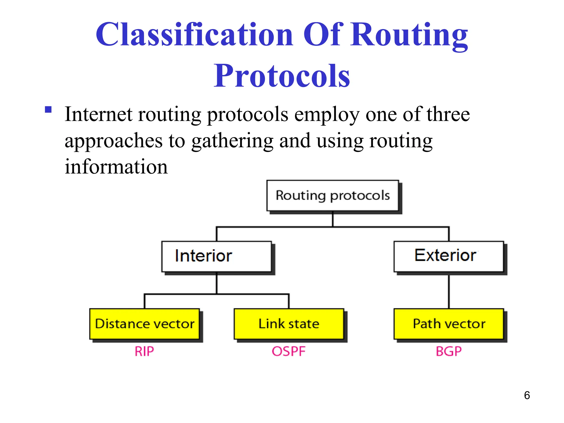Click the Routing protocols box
tap(333, 196)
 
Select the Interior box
tap(217, 256)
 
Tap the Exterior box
tap(449, 256)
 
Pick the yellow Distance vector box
tap(145, 324)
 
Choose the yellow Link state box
tap(289, 324)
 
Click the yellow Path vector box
tap(449, 324)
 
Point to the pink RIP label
tap(144, 351)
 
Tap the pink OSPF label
tap(289, 351)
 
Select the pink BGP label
tap(449, 351)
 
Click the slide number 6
tap(527, 395)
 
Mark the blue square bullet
tap(48, 110)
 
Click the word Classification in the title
tap(194, 35)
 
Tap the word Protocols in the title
tap(282, 76)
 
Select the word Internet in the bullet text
tap(98, 114)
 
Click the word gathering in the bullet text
tap(232, 141)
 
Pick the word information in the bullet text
tap(116, 167)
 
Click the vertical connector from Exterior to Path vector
tap(449, 291)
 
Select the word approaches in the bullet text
tap(113, 141)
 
